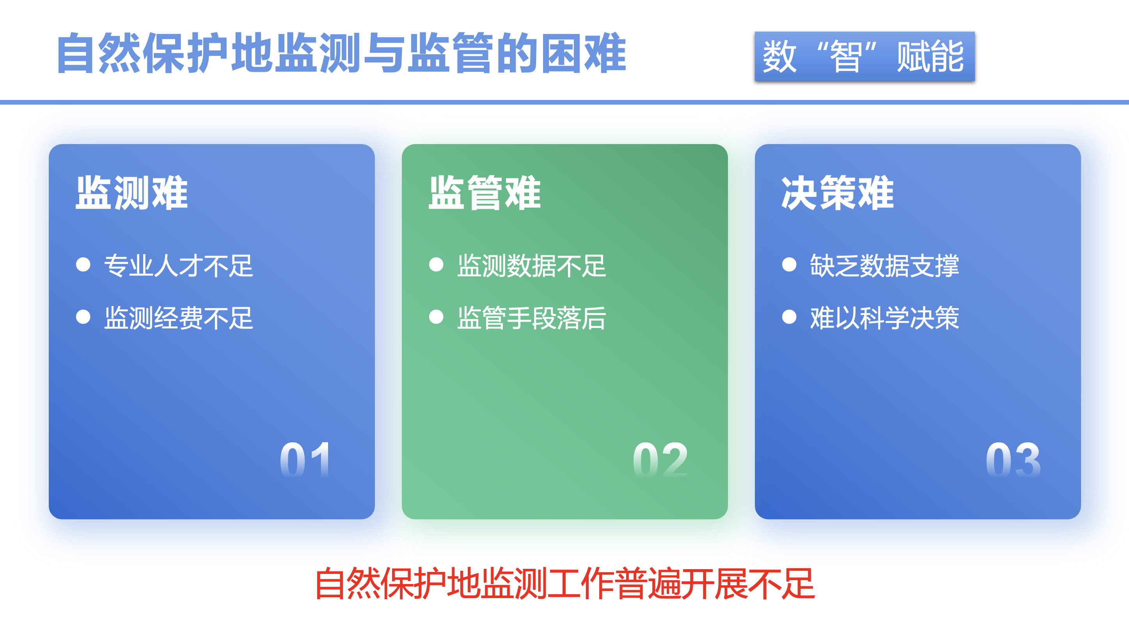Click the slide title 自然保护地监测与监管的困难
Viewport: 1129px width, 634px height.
[x=341, y=53]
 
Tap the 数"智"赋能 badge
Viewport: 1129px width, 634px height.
[x=864, y=56]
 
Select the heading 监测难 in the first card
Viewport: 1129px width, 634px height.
[x=131, y=193]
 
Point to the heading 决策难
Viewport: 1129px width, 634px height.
[x=838, y=193]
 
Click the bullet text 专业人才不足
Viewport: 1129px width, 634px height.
[x=179, y=266]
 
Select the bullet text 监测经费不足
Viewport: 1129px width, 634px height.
[x=179, y=318]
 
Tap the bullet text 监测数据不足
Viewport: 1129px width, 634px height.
[x=532, y=266]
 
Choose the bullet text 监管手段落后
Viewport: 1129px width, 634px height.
[x=532, y=318]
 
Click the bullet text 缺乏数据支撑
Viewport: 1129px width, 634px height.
[x=884, y=266]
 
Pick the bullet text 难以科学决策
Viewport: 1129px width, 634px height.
[x=884, y=318]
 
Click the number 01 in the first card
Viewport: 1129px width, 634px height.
[x=305, y=459]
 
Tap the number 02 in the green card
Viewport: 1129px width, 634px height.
[x=660, y=459]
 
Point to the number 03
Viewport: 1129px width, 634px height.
[x=1013, y=459]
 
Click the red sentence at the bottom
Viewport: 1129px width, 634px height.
[x=564, y=584]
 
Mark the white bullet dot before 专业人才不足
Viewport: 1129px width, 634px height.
[x=83, y=264]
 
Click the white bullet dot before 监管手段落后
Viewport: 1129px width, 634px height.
[x=436, y=317]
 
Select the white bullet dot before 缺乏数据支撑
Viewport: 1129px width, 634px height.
[x=789, y=264]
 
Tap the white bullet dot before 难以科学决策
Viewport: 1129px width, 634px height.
[x=789, y=317]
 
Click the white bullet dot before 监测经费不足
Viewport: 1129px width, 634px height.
[x=83, y=317]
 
